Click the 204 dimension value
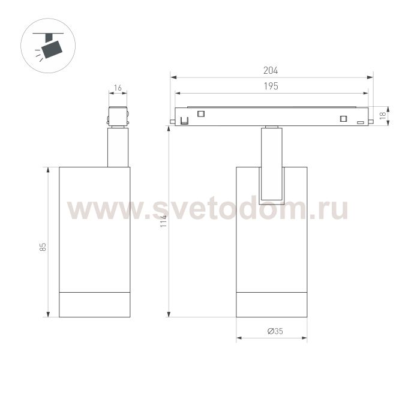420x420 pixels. pos(271,70)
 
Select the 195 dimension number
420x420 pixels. pos(271,86)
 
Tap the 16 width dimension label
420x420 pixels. pos(118,88)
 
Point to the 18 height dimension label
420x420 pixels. pos(383,115)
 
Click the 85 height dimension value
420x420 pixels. pos(43,247)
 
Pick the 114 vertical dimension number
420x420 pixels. pos(163,221)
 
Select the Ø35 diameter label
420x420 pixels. pos(275,331)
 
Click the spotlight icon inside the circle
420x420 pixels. pos(48,46)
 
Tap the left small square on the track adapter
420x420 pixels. pos(201,113)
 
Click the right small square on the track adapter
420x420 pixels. pos(343,118)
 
